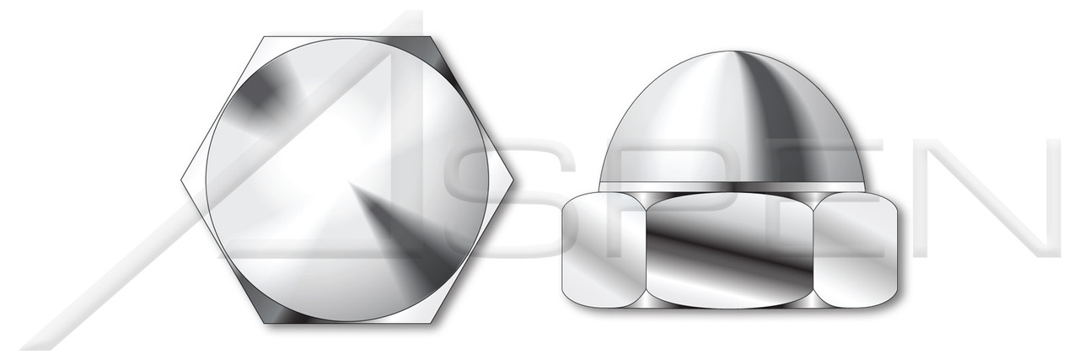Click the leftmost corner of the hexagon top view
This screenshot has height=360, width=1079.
(182, 180)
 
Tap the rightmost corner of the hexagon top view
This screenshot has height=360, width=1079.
(512, 180)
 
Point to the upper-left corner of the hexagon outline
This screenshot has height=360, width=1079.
(264, 37)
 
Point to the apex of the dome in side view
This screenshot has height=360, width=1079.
(732, 51)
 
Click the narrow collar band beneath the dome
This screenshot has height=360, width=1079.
(732, 186)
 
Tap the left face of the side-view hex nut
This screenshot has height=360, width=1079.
(602, 250)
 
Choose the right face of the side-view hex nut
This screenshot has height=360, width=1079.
(859, 250)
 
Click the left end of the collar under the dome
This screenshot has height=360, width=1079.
(602, 186)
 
